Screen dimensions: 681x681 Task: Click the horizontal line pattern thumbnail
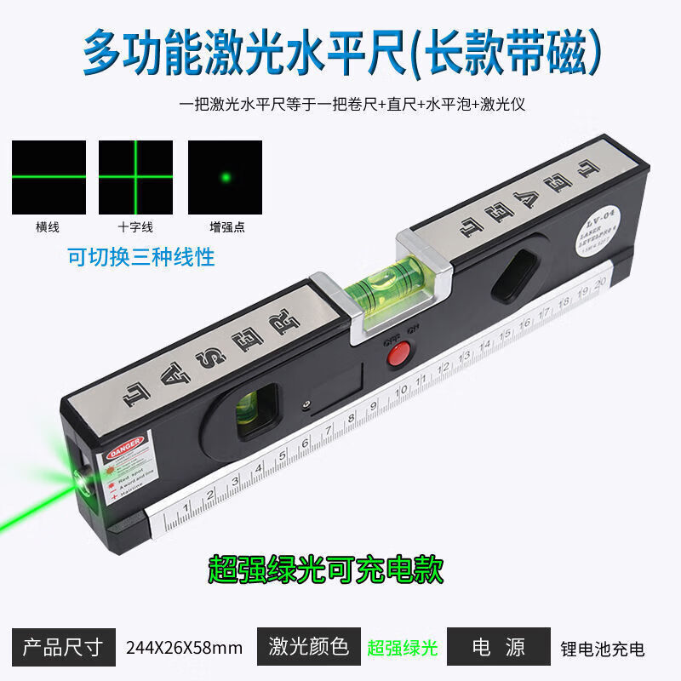(49, 177)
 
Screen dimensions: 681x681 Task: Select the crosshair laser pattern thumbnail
(135, 177)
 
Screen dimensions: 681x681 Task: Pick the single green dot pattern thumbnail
(225, 177)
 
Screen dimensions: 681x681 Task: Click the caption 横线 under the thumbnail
(49, 227)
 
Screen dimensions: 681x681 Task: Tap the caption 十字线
(135, 227)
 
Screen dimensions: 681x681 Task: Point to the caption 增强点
(225, 227)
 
